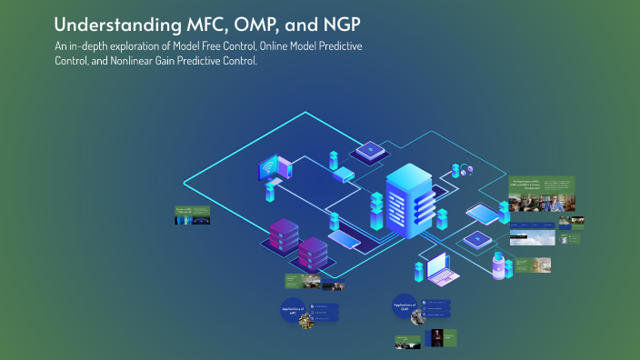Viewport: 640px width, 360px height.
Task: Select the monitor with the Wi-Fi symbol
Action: click(270, 169)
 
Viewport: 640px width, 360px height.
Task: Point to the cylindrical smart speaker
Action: click(498, 265)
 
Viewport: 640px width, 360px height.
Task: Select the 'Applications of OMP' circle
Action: click(405, 305)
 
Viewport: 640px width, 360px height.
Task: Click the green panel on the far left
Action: click(193, 215)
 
